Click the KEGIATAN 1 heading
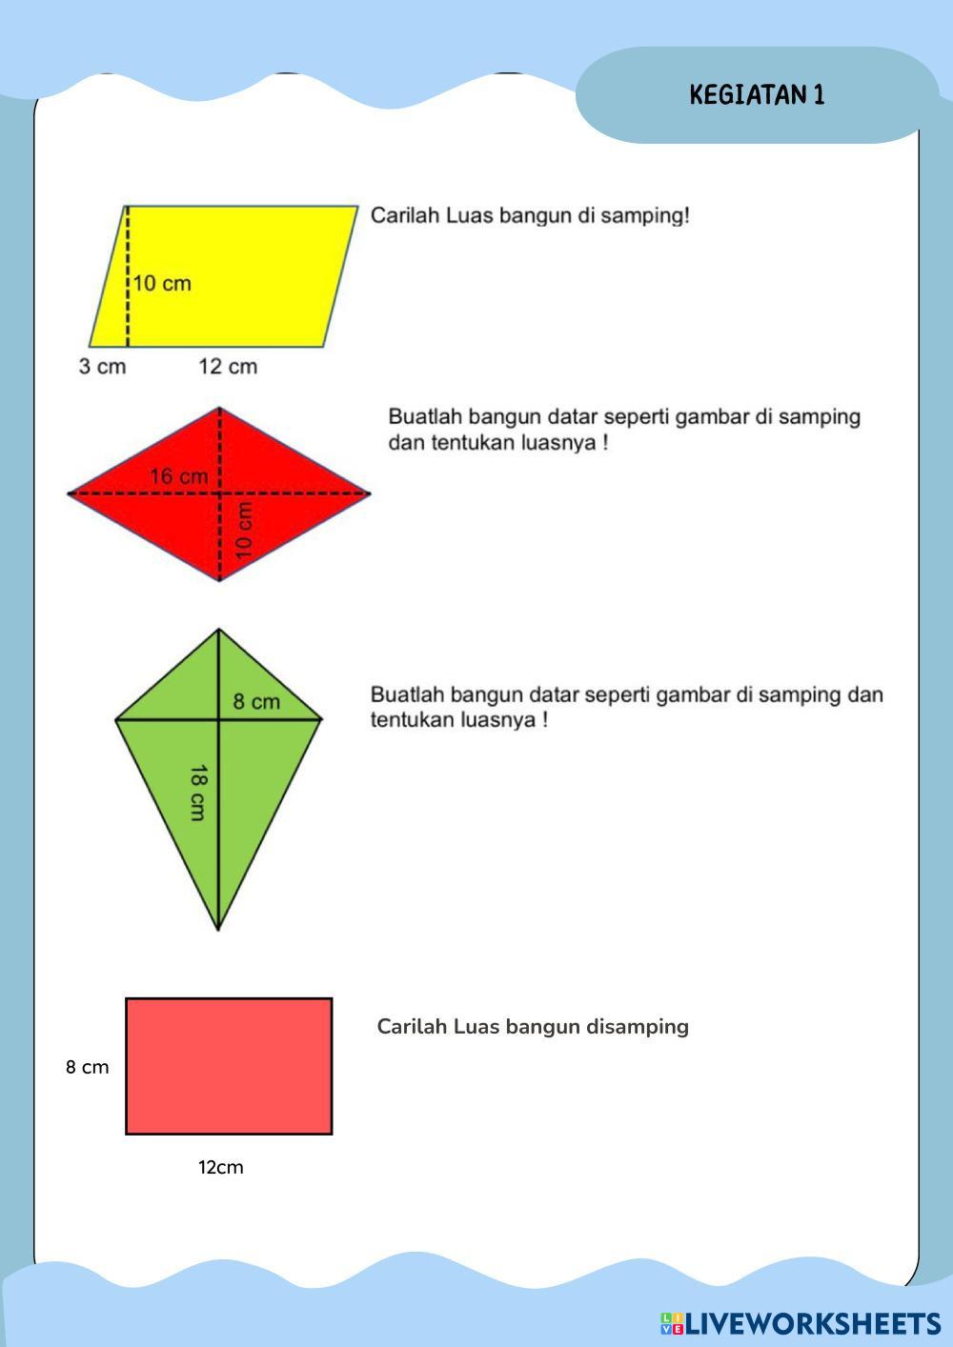(x=757, y=94)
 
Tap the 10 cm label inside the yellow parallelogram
(x=161, y=283)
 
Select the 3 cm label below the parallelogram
(x=102, y=367)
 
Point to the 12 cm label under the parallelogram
(x=228, y=367)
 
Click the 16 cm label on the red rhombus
(x=178, y=476)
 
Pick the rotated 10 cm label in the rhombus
(x=245, y=530)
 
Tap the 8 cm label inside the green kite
(x=256, y=702)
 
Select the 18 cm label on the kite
(x=197, y=792)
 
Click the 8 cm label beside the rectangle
(x=87, y=1067)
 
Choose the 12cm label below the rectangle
(x=220, y=1167)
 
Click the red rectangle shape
(x=229, y=1066)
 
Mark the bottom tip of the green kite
(x=218, y=928)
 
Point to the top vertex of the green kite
(x=218, y=631)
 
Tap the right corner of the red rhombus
(x=368, y=493)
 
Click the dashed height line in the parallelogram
(x=127, y=314)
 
